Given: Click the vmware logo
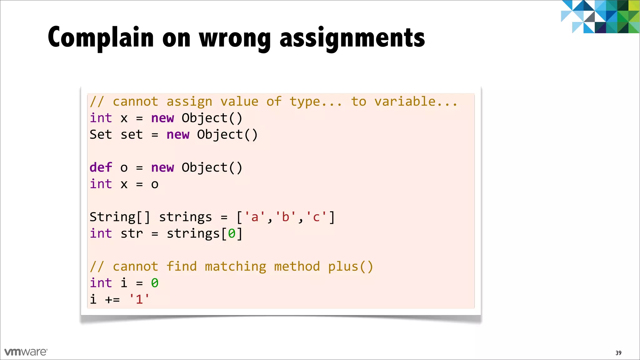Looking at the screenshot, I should (x=26, y=352).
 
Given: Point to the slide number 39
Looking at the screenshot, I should (x=618, y=353).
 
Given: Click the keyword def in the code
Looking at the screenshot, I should (x=101, y=167).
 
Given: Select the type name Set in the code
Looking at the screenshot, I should (x=101, y=134).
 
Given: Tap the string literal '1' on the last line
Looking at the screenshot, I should (x=139, y=299).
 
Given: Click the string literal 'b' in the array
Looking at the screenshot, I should (x=285, y=217).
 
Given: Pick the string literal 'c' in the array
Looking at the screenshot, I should (x=316, y=217).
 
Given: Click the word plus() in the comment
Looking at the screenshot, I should (x=351, y=267).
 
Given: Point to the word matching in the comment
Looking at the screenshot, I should (x=235, y=267).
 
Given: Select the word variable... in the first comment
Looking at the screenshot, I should (x=416, y=102).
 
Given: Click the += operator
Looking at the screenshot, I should (x=112, y=300).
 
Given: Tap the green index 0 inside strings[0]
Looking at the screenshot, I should (x=232, y=234).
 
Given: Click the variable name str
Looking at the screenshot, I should (x=132, y=234).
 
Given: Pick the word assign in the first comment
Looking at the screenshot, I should (x=189, y=102).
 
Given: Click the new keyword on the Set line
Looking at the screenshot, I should (x=178, y=135).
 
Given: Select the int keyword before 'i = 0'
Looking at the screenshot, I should (x=101, y=283).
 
